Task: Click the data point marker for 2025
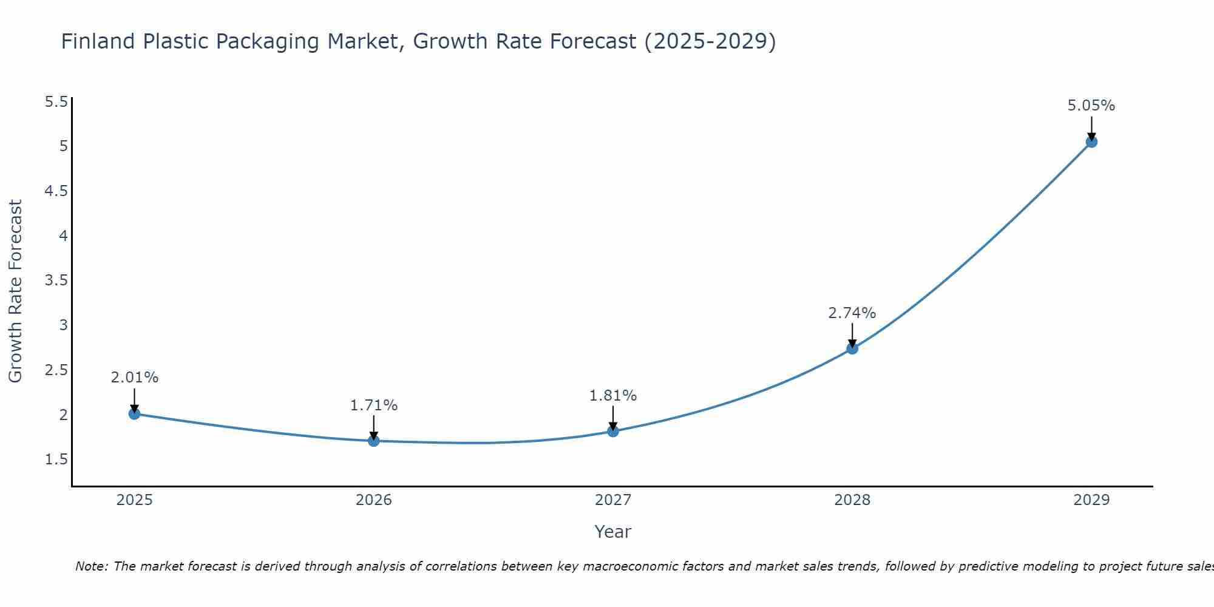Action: pyautogui.click(x=134, y=414)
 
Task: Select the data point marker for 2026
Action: pyautogui.click(x=373, y=441)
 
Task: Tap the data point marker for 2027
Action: pyautogui.click(x=613, y=432)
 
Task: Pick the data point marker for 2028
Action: pyautogui.click(x=852, y=348)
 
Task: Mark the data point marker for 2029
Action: pyautogui.click(x=1091, y=142)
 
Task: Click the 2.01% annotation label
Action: pyautogui.click(x=134, y=378)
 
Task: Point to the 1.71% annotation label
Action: pyautogui.click(x=373, y=405)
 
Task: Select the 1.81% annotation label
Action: pyautogui.click(x=613, y=396)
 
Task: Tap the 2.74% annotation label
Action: pyautogui.click(x=852, y=313)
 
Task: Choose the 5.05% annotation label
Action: pyautogui.click(x=1091, y=106)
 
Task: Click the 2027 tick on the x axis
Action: pyautogui.click(x=613, y=500)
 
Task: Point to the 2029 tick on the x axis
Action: pyautogui.click(x=1091, y=500)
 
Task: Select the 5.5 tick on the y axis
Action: pyautogui.click(x=56, y=102)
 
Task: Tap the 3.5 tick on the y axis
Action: pyautogui.click(x=56, y=280)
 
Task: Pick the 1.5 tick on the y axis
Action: pyautogui.click(x=56, y=459)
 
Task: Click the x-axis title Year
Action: pyautogui.click(x=613, y=532)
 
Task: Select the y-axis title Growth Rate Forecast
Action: pyautogui.click(x=16, y=291)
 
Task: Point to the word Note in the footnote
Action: pyautogui.click(x=91, y=566)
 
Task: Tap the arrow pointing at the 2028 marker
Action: pyautogui.click(x=852, y=335)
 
